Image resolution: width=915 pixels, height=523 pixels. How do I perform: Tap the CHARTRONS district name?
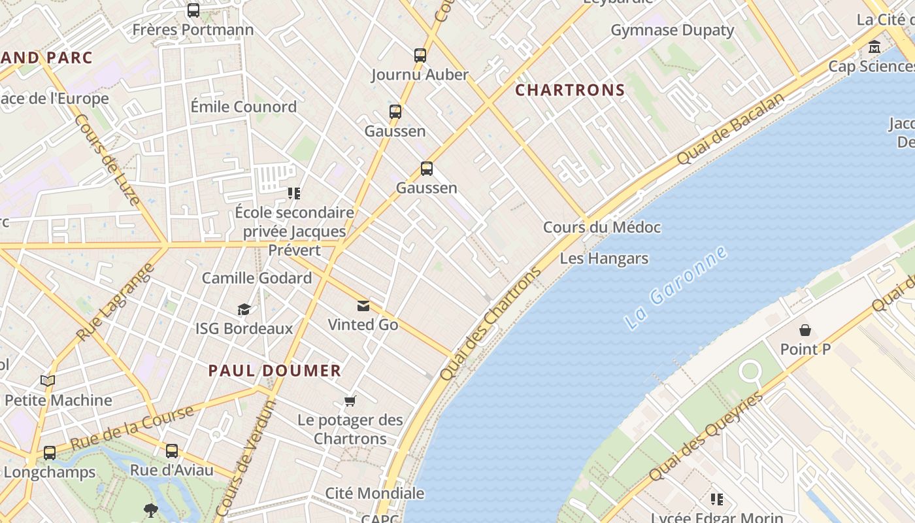click(570, 90)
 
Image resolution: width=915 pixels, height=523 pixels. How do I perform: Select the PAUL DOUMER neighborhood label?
click(274, 371)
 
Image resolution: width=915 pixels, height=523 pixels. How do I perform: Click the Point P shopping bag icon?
click(805, 330)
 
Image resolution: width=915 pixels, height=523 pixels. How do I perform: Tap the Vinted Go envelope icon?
click(363, 305)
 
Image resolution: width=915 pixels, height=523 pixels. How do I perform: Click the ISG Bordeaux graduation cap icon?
click(244, 309)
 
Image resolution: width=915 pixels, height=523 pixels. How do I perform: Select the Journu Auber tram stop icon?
click(420, 56)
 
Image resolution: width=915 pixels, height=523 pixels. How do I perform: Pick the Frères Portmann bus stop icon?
click(193, 10)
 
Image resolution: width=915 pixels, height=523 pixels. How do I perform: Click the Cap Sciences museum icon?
click(874, 47)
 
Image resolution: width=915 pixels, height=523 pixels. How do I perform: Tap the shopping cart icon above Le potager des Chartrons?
click(350, 401)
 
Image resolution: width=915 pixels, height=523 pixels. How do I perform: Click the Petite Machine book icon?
click(47, 380)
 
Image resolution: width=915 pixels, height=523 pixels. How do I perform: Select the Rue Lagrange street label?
click(115, 301)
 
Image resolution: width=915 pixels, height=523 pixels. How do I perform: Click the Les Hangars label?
click(604, 258)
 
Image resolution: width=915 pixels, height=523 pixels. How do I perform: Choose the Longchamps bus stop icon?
click(49, 452)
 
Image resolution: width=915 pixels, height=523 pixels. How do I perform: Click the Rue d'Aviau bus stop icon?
click(171, 450)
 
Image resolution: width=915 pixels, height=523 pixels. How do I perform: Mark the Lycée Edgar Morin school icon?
click(716, 499)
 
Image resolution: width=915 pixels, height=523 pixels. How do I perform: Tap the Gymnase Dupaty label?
click(672, 30)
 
